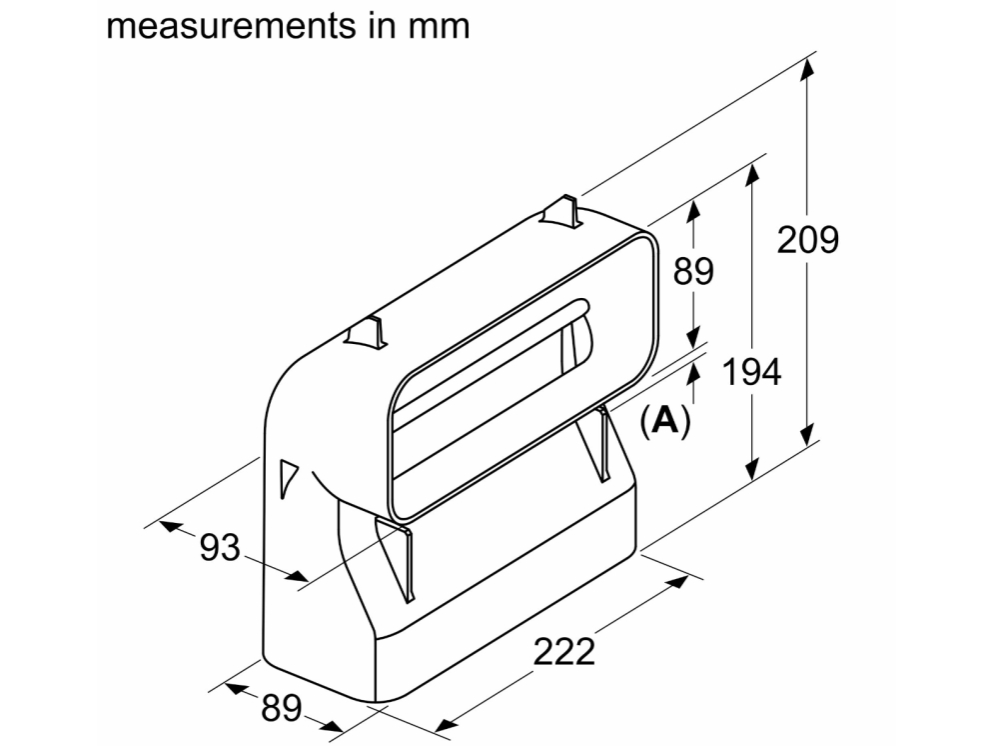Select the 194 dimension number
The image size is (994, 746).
click(x=751, y=372)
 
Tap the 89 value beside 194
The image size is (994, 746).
click(x=693, y=271)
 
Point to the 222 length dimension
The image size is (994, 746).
click(x=563, y=651)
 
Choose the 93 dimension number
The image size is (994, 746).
click(x=220, y=547)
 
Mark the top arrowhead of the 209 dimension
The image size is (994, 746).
click(x=807, y=68)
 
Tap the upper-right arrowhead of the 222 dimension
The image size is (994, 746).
click(x=682, y=579)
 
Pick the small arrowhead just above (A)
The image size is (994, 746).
click(x=694, y=371)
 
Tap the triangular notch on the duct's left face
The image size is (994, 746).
click(x=287, y=479)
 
